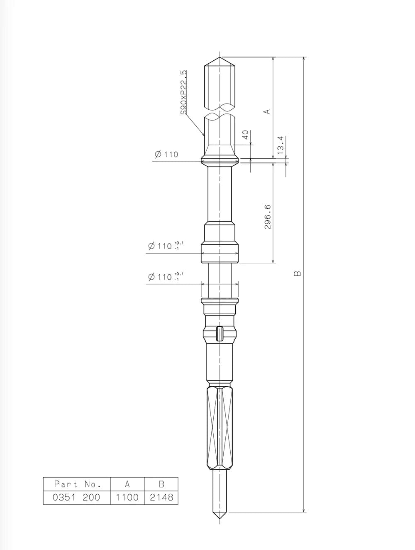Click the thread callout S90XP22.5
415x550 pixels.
pyautogui.click(x=183, y=92)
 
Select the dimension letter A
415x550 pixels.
pyautogui.click(x=267, y=111)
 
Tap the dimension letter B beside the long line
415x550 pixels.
pyautogui.click(x=297, y=273)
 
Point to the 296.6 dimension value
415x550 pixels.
pyautogui.click(x=267, y=217)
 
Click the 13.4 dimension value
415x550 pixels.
pyautogui.click(x=281, y=145)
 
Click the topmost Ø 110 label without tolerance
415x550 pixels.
pyautogui.click(x=166, y=154)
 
